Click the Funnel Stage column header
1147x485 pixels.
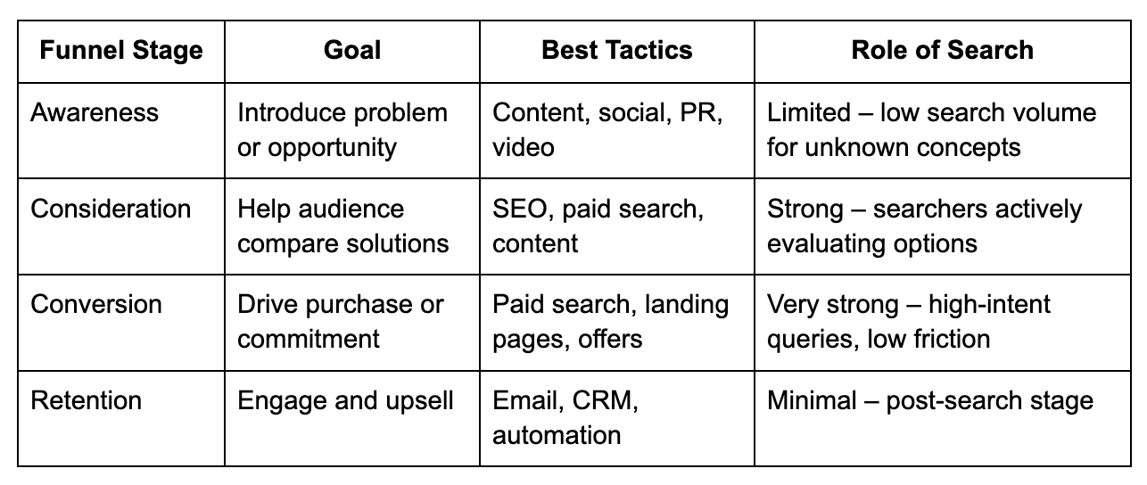click(x=120, y=50)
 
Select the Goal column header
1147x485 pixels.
click(x=351, y=50)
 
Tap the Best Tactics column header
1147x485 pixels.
click(x=616, y=50)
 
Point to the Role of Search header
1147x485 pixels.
click(x=942, y=50)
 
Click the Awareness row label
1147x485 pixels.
click(x=95, y=113)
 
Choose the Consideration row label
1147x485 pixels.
click(x=111, y=209)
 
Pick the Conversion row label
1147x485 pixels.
click(x=96, y=305)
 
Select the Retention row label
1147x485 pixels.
click(x=86, y=401)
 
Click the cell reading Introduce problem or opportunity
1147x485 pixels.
click(x=342, y=130)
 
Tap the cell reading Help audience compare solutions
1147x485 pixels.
click(x=342, y=226)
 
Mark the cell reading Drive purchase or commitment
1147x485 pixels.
click(x=340, y=322)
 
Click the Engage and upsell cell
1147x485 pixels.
click(x=345, y=401)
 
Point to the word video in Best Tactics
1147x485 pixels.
click(x=523, y=147)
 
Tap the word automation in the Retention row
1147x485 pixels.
click(x=557, y=435)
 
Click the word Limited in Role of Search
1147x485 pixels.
click(x=809, y=113)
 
